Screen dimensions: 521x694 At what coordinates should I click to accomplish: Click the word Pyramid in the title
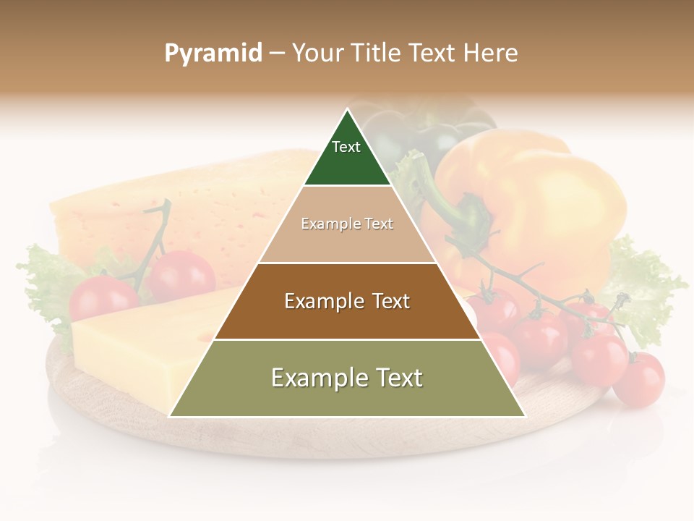coord(213,53)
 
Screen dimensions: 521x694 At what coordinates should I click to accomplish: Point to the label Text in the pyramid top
coord(346,147)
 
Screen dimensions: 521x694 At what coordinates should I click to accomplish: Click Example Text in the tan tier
coord(347,224)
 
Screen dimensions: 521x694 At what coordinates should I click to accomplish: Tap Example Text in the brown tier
coord(347,301)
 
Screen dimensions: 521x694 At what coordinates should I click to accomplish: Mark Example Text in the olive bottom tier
coord(347,378)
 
